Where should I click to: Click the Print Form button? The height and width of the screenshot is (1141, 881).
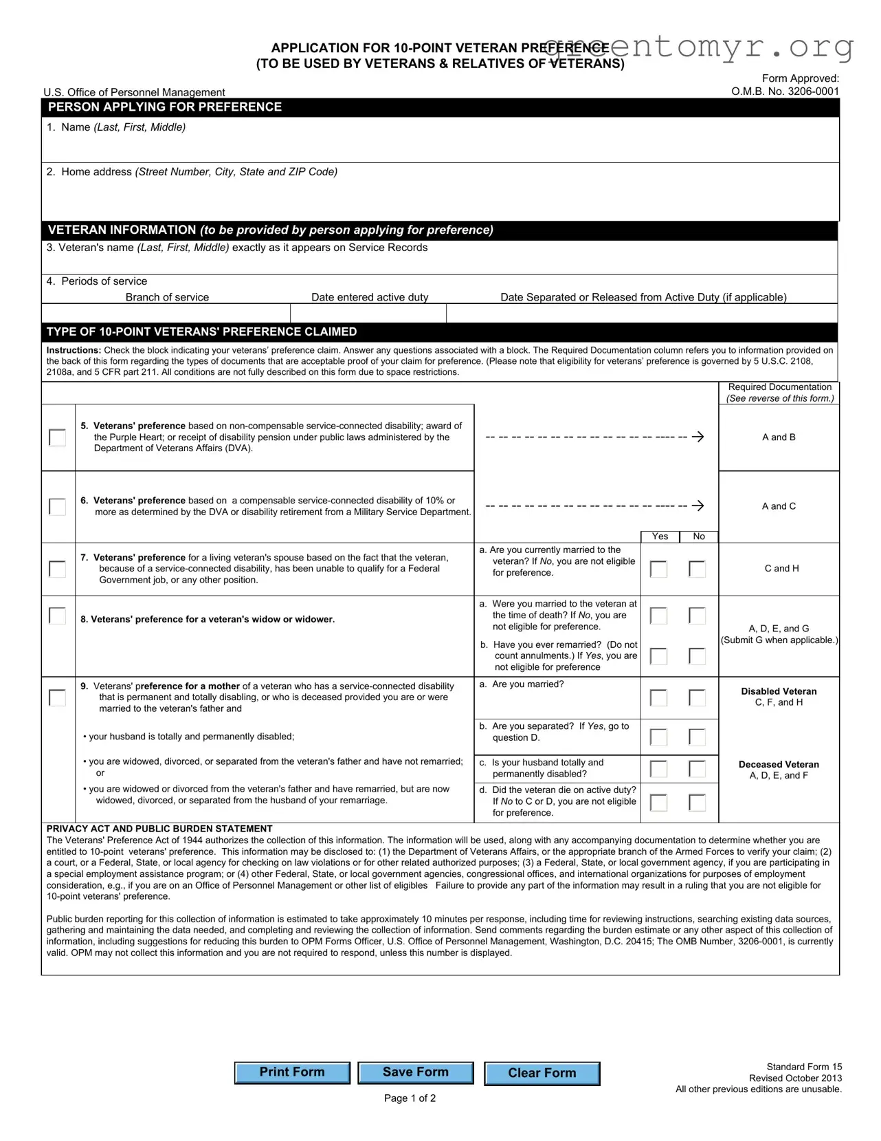coord(292,1072)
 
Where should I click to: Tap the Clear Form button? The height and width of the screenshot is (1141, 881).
coord(542,1073)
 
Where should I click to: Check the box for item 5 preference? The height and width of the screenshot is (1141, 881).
coord(58,437)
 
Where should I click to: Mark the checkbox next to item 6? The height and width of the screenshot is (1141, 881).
coord(58,507)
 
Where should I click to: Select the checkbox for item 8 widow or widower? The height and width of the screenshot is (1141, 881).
coord(58,616)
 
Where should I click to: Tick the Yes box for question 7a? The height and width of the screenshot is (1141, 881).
coord(658,569)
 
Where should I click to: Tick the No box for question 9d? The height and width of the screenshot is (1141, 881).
coord(697,803)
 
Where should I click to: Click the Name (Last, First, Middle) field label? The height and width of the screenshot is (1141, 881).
coord(116,127)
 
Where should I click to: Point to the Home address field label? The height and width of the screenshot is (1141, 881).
coord(192,172)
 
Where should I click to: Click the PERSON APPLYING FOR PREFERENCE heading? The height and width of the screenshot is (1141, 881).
coord(165,107)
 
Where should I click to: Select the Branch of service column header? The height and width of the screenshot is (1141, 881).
coord(167,297)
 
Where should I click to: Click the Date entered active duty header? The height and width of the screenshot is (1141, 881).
coord(370,297)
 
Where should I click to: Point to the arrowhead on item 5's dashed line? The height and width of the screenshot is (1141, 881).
coord(699,437)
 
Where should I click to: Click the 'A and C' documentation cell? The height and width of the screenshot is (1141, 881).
coord(779,506)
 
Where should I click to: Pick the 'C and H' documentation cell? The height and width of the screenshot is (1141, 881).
coord(781,569)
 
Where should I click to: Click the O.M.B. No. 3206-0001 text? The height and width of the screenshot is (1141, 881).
coord(785,91)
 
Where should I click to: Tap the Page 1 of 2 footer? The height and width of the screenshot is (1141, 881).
coord(410,1098)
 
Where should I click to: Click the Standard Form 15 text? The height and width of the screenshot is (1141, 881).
coord(804,1067)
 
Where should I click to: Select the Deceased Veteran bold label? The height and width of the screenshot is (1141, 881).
coord(779,765)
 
